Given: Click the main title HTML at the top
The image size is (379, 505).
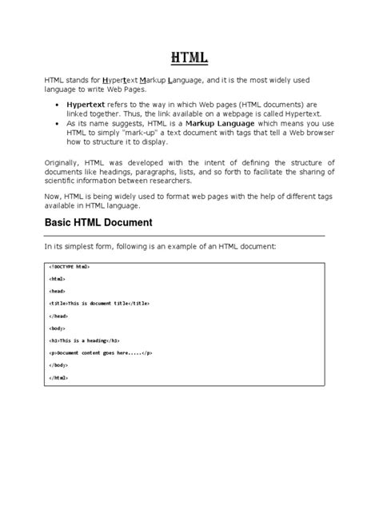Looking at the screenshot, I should pos(189,58).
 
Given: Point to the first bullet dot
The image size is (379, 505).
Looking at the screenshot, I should pos(54,105).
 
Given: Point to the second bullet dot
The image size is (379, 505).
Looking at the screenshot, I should pos(54,125).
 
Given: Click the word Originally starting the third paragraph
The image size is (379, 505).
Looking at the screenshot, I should pos(63,162).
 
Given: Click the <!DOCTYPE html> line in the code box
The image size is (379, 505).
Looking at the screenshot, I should pos(69,266).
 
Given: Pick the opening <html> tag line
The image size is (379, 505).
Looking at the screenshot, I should pos(58,279).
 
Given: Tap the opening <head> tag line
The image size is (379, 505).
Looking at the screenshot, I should pos(58,292).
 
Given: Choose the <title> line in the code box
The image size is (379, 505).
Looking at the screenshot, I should pos(100,304).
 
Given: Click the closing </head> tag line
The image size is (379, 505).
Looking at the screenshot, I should pos(60,317).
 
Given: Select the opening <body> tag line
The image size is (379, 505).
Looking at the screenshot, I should pos(58,330).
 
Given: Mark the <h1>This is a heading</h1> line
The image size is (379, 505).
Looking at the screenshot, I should pos(89,342).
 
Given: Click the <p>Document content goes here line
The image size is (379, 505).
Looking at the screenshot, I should pos(100,355).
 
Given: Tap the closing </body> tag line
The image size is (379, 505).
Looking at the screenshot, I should pos(60,368).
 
